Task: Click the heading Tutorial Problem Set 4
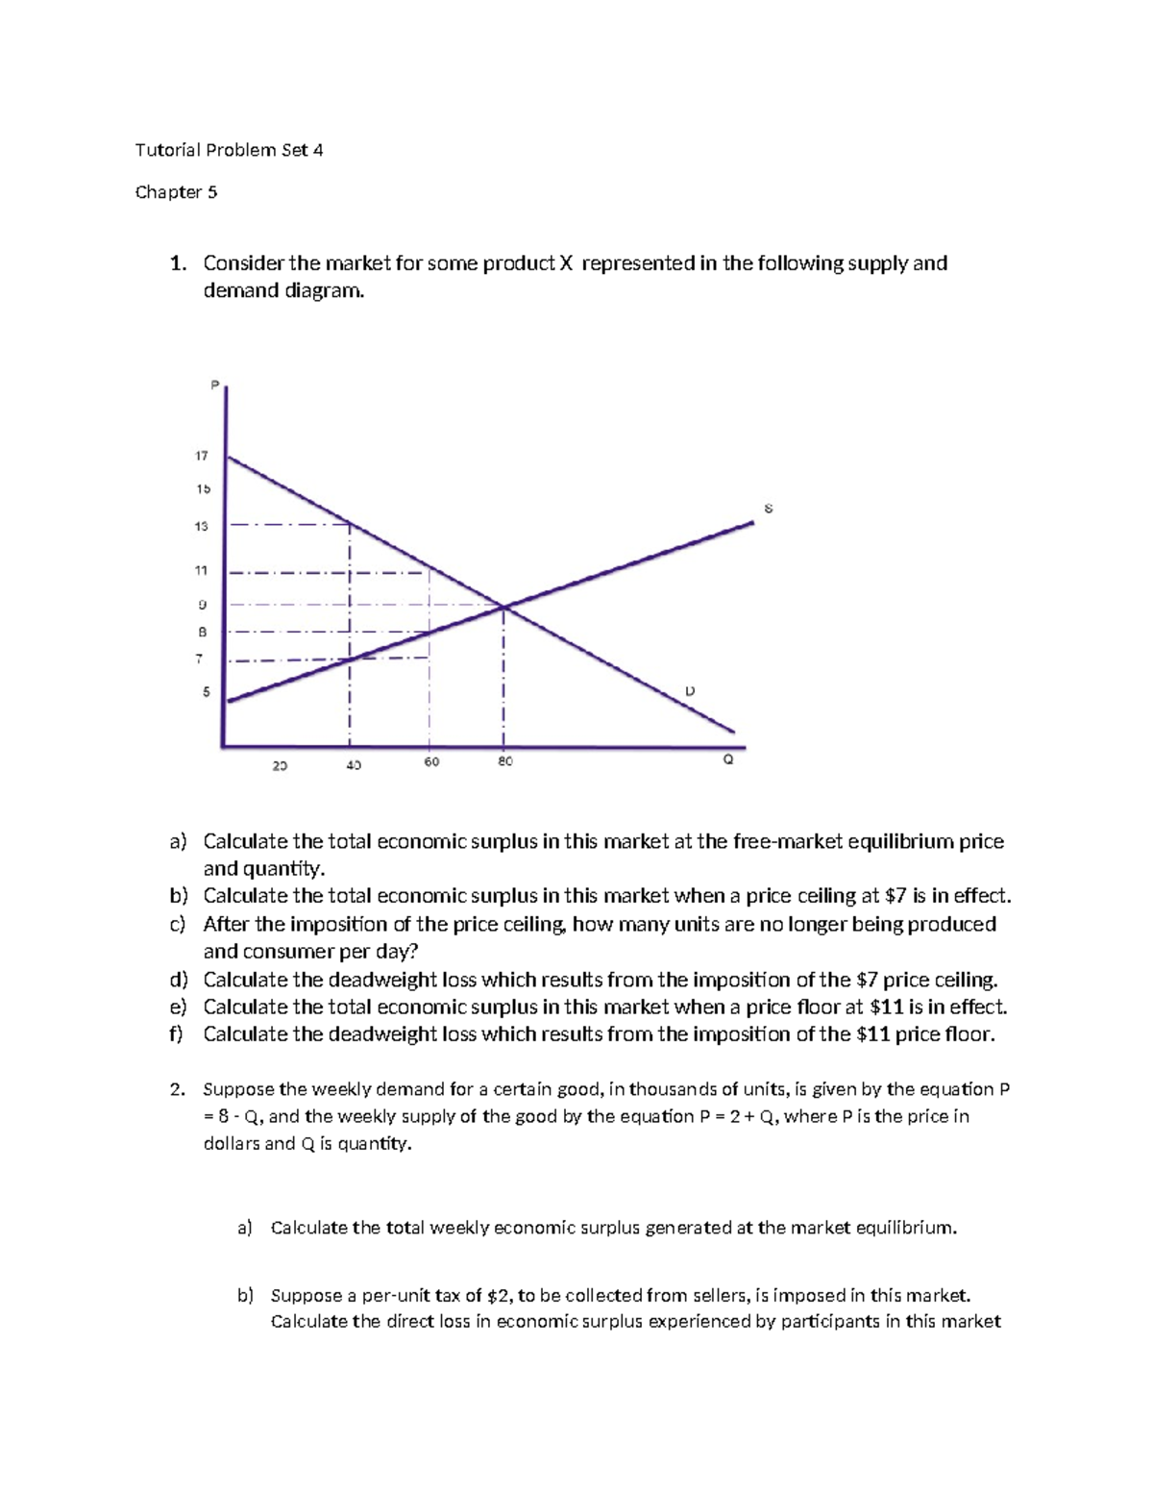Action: point(229,150)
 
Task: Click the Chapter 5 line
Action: point(176,192)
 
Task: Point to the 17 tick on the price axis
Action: point(202,456)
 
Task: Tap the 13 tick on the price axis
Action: point(202,527)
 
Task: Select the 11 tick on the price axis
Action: point(202,570)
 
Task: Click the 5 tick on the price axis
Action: point(205,691)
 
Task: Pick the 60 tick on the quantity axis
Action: point(431,761)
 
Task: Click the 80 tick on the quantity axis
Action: point(505,761)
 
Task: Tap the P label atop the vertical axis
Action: point(214,386)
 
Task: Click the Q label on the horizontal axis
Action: point(727,759)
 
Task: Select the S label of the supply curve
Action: point(768,508)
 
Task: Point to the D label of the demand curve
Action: point(689,691)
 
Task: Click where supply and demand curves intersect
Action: point(503,606)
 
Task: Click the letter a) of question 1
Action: point(178,842)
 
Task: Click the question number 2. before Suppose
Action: point(176,1089)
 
